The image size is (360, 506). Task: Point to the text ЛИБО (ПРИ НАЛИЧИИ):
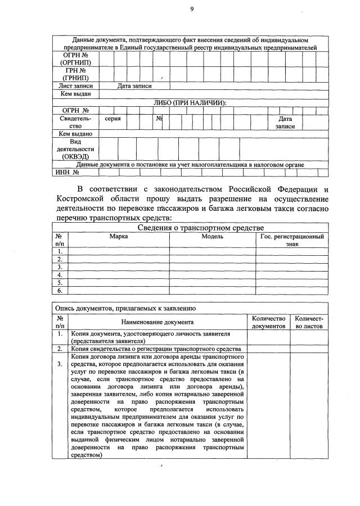pyautogui.click(x=190, y=102)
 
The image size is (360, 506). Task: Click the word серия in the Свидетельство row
pyautogui.click(x=113, y=119)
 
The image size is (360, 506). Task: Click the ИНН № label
pyautogui.click(x=67, y=173)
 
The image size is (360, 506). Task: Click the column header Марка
pyautogui.click(x=118, y=237)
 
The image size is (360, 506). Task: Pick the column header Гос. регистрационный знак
pyautogui.click(x=292, y=241)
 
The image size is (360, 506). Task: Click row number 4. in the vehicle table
pyautogui.click(x=60, y=275)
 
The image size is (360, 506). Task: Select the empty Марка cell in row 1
pyautogui.click(x=118, y=251)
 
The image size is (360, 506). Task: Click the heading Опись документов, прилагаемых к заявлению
pyautogui.click(x=125, y=308)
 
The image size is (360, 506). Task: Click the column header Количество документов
pyautogui.click(x=268, y=322)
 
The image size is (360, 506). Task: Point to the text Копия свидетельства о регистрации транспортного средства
pyautogui.click(x=155, y=349)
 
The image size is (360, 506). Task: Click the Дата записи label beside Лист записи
pyautogui.click(x=134, y=86)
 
